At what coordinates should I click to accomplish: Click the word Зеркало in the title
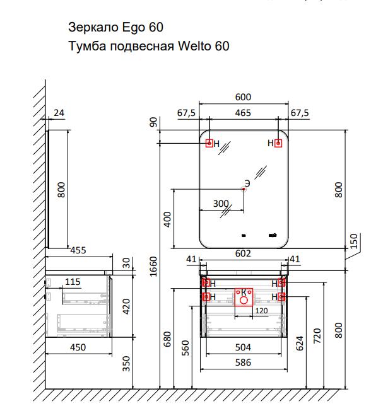tap(93, 27)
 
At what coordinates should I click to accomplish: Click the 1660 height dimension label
tap(153, 266)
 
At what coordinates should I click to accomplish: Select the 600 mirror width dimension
tap(243, 97)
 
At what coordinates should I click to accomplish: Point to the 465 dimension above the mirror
tap(243, 113)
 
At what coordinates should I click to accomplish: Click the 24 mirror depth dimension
tap(59, 113)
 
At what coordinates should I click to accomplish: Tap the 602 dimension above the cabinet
tap(243, 253)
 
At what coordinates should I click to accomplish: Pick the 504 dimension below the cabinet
tap(243, 347)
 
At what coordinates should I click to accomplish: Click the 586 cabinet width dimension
tap(243, 362)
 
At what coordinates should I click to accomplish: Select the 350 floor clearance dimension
tap(126, 364)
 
